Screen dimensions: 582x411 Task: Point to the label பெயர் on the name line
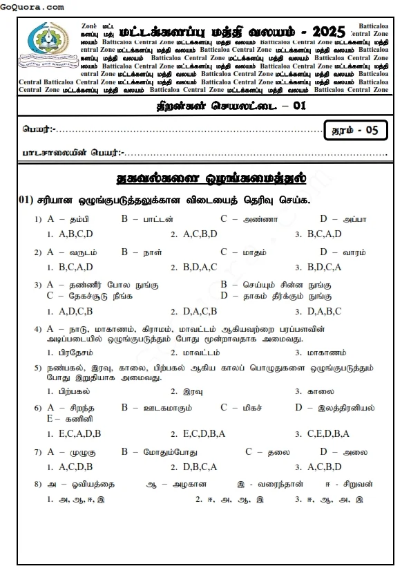coord(37,129)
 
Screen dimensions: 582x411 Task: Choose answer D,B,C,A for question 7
coord(200,467)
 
